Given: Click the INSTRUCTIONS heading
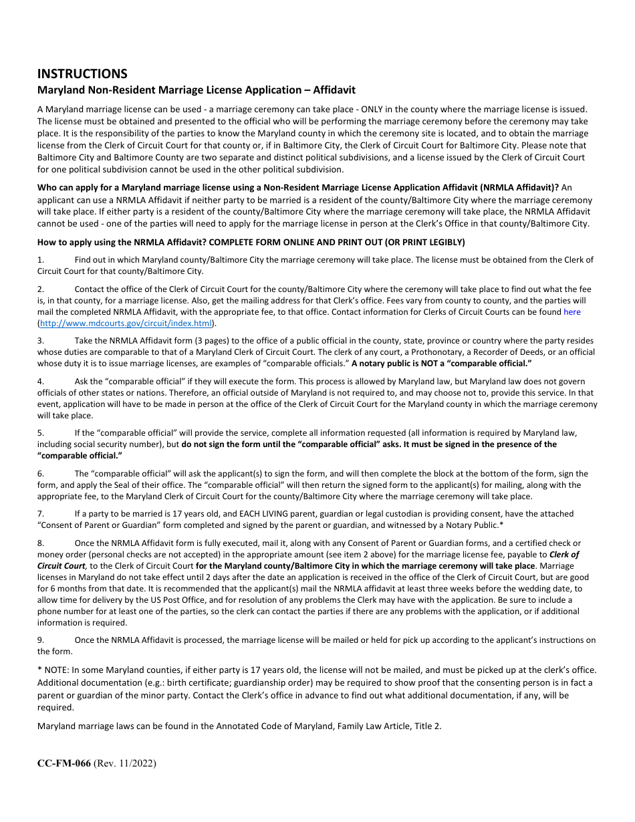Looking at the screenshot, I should (x=82, y=74).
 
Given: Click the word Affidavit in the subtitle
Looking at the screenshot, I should (x=332, y=90).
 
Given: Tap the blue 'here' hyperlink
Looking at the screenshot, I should (x=572, y=312).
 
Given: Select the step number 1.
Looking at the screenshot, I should (x=40, y=259).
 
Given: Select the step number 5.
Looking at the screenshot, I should (x=40, y=433).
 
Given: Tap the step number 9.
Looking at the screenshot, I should (x=40, y=640).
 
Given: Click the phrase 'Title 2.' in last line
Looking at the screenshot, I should (x=428, y=726).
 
